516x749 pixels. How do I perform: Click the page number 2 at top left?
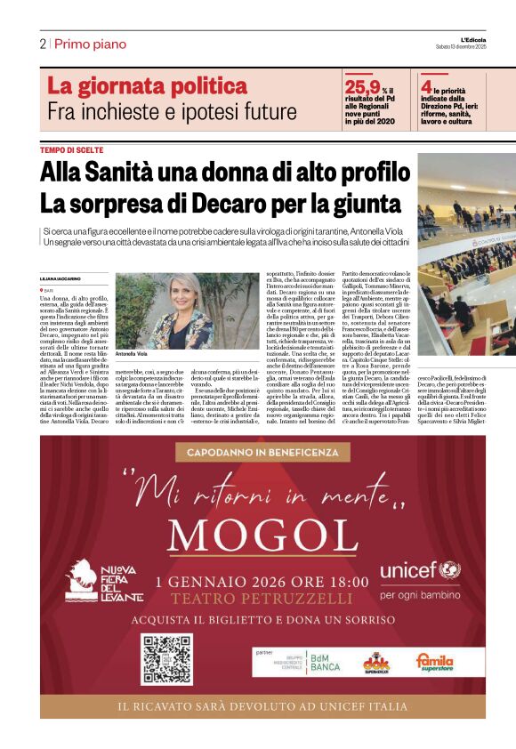pos(43,44)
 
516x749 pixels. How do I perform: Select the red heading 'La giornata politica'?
pos(147,86)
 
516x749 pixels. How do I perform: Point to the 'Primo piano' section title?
pos(90,44)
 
